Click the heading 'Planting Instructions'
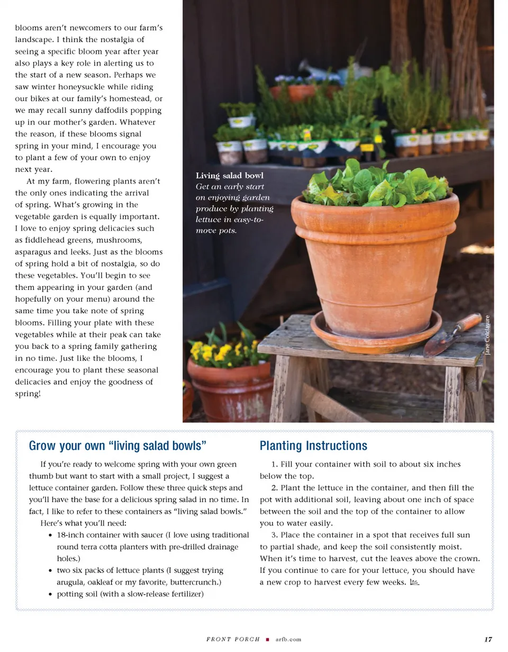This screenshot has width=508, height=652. [313, 446]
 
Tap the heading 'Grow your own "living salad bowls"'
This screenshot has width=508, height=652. [117, 446]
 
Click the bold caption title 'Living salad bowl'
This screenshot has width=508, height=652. [229, 175]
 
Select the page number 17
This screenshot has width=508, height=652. [488, 639]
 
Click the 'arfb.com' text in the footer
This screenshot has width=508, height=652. [288, 639]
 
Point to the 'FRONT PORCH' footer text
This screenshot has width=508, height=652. [233, 639]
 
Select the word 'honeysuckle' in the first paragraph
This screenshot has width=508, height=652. [95, 87]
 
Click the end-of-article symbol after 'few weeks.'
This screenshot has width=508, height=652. [414, 582]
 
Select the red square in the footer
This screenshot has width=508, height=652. [268, 639]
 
